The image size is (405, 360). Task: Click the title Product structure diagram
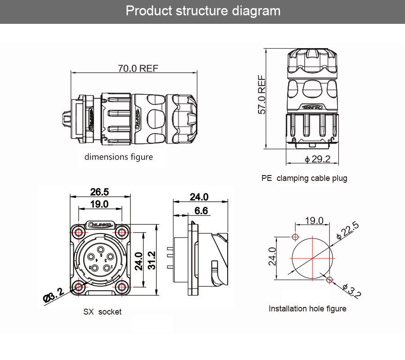(x=202, y=11)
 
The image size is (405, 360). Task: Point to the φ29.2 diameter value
(x=317, y=159)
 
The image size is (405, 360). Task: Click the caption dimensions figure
(x=119, y=157)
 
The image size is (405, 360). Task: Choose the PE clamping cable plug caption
(x=304, y=178)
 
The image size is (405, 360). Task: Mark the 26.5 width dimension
(x=99, y=192)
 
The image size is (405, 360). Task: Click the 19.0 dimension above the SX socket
(x=99, y=204)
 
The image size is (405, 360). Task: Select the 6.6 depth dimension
(x=201, y=211)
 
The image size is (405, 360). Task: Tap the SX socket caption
(x=102, y=311)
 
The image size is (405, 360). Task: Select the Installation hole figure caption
(x=307, y=309)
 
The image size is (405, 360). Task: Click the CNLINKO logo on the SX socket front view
(x=100, y=224)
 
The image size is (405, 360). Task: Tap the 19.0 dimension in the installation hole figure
(x=314, y=220)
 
